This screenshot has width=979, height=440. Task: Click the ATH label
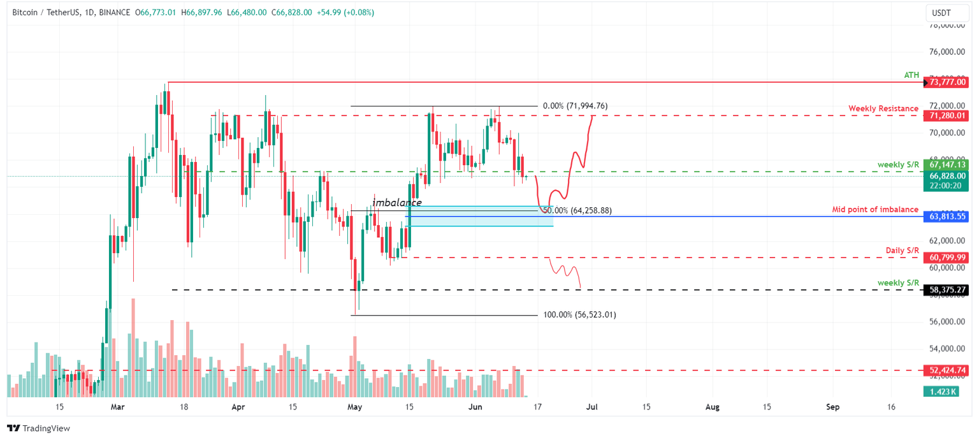click(911, 75)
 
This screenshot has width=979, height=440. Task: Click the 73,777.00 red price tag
click(948, 82)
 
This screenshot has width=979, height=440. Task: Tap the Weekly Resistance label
click(883, 109)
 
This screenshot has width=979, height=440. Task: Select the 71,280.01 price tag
click(948, 115)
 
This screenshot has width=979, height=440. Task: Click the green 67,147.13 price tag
click(948, 165)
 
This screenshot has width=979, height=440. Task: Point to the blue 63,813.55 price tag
click(948, 217)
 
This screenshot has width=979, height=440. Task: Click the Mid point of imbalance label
click(875, 210)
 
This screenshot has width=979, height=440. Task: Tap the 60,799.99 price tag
click(948, 257)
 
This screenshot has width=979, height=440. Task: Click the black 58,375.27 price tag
click(948, 290)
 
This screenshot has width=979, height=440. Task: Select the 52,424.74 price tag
click(948, 370)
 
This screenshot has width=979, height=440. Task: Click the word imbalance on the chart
click(397, 203)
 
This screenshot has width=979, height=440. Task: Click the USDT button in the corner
click(942, 13)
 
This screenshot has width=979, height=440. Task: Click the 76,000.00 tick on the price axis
click(948, 52)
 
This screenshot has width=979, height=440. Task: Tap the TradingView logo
click(38, 429)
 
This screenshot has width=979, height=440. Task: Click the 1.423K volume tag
click(939, 391)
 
